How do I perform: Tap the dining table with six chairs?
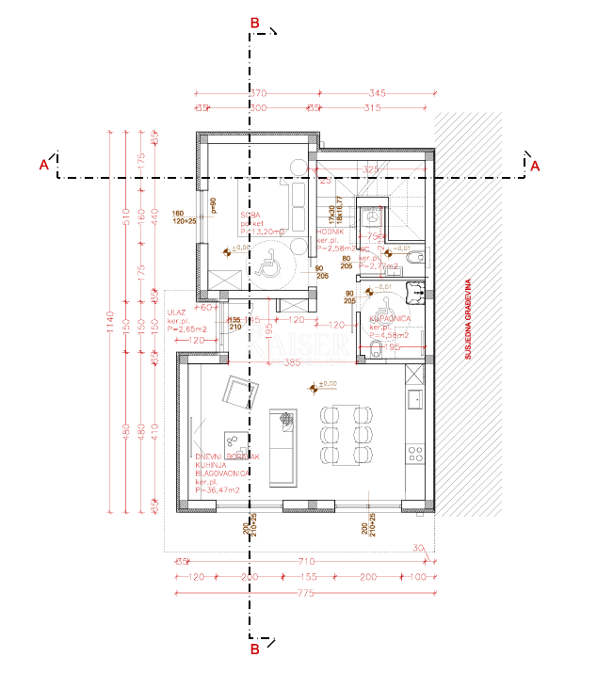(345, 435)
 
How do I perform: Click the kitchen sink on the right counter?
(414, 400)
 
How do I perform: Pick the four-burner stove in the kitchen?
(414, 454)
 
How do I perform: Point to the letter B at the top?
(253, 22)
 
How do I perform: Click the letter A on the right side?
(536, 166)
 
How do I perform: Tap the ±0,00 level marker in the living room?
(322, 385)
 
